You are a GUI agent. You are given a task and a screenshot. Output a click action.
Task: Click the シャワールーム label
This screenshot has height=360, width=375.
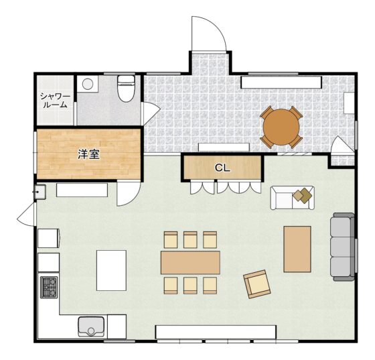click(55, 101)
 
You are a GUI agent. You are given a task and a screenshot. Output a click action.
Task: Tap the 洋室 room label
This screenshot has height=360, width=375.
click(88, 154)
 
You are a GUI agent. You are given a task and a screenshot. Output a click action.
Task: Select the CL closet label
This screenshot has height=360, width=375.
click(222, 168)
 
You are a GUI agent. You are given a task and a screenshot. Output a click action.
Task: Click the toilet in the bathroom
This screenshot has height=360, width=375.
click(127, 88)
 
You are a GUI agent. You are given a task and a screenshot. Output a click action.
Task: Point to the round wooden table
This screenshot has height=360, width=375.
click(281, 127)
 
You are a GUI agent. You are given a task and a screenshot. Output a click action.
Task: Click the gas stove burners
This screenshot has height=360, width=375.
click(49, 287)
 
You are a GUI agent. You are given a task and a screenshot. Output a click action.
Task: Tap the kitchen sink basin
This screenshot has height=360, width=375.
click(91, 326)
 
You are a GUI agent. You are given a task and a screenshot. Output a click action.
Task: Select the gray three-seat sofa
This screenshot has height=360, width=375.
click(342, 247)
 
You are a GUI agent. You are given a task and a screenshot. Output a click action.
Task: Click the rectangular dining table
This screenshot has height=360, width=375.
click(190, 262)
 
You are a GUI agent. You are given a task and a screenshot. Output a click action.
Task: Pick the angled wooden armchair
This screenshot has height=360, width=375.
click(257, 284)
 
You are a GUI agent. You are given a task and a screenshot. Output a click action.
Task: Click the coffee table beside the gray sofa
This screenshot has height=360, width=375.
click(297, 249)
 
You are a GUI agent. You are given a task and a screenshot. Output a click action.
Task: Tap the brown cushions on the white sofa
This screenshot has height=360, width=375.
click(303, 195)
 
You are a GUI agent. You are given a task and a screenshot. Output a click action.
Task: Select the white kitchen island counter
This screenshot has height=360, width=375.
click(111, 270)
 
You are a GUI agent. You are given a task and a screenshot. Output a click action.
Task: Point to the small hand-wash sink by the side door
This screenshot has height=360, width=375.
click(40, 192)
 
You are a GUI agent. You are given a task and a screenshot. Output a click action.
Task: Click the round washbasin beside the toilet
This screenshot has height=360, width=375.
click(88, 84)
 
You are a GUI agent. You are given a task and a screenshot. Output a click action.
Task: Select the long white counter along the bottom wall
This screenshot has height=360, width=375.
click(216, 332)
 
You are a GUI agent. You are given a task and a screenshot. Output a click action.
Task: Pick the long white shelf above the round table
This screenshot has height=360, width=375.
click(281, 82)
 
